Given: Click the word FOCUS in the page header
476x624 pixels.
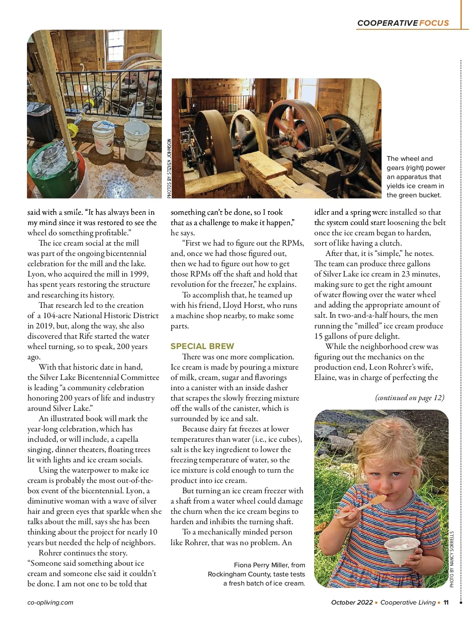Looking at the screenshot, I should click(x=434, y=23).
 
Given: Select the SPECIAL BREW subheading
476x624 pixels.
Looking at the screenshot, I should click(x=202, y=346).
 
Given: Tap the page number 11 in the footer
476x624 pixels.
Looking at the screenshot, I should click(x=446, y=602).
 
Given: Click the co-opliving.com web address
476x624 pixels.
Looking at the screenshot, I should click(x=50, y=602).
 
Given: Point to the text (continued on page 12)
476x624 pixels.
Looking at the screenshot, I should click(x=410, y=397).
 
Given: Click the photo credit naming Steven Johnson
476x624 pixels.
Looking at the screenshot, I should click(x=169, y=168).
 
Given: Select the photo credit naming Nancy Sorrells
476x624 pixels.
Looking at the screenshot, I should click(x=452, y=559).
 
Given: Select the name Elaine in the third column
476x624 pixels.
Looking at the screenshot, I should click(x=326, y=377).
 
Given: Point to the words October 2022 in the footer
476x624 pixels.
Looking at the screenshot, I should click(x=352, y=602).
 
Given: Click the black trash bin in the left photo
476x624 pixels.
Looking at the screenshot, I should click(x=41, y=121).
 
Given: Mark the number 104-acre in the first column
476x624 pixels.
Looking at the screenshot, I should click(x=52, y=315).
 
